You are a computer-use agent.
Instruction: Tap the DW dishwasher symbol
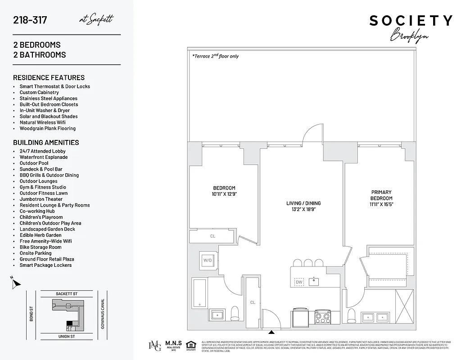[299, 282]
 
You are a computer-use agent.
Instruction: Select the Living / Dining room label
[303, 203]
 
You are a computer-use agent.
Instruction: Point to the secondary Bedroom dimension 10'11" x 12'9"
[224, 194]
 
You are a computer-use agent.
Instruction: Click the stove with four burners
[322, 316]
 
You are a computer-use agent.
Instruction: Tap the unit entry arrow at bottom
[271, 333]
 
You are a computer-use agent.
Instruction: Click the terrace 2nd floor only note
[215, 56]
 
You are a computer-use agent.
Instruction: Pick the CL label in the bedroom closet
[213, 236]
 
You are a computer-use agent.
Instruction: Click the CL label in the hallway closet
[253, 302]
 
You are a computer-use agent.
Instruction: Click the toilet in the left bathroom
[235, 313]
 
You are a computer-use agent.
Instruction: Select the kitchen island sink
[316, 282]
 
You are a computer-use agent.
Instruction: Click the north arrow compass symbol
[16, 283]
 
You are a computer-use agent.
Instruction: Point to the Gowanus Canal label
[103, 314]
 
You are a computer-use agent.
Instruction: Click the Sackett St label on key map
[67, 294]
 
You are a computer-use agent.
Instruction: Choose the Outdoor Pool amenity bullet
[34, 163]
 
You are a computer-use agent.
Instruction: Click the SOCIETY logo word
[411, 21]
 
